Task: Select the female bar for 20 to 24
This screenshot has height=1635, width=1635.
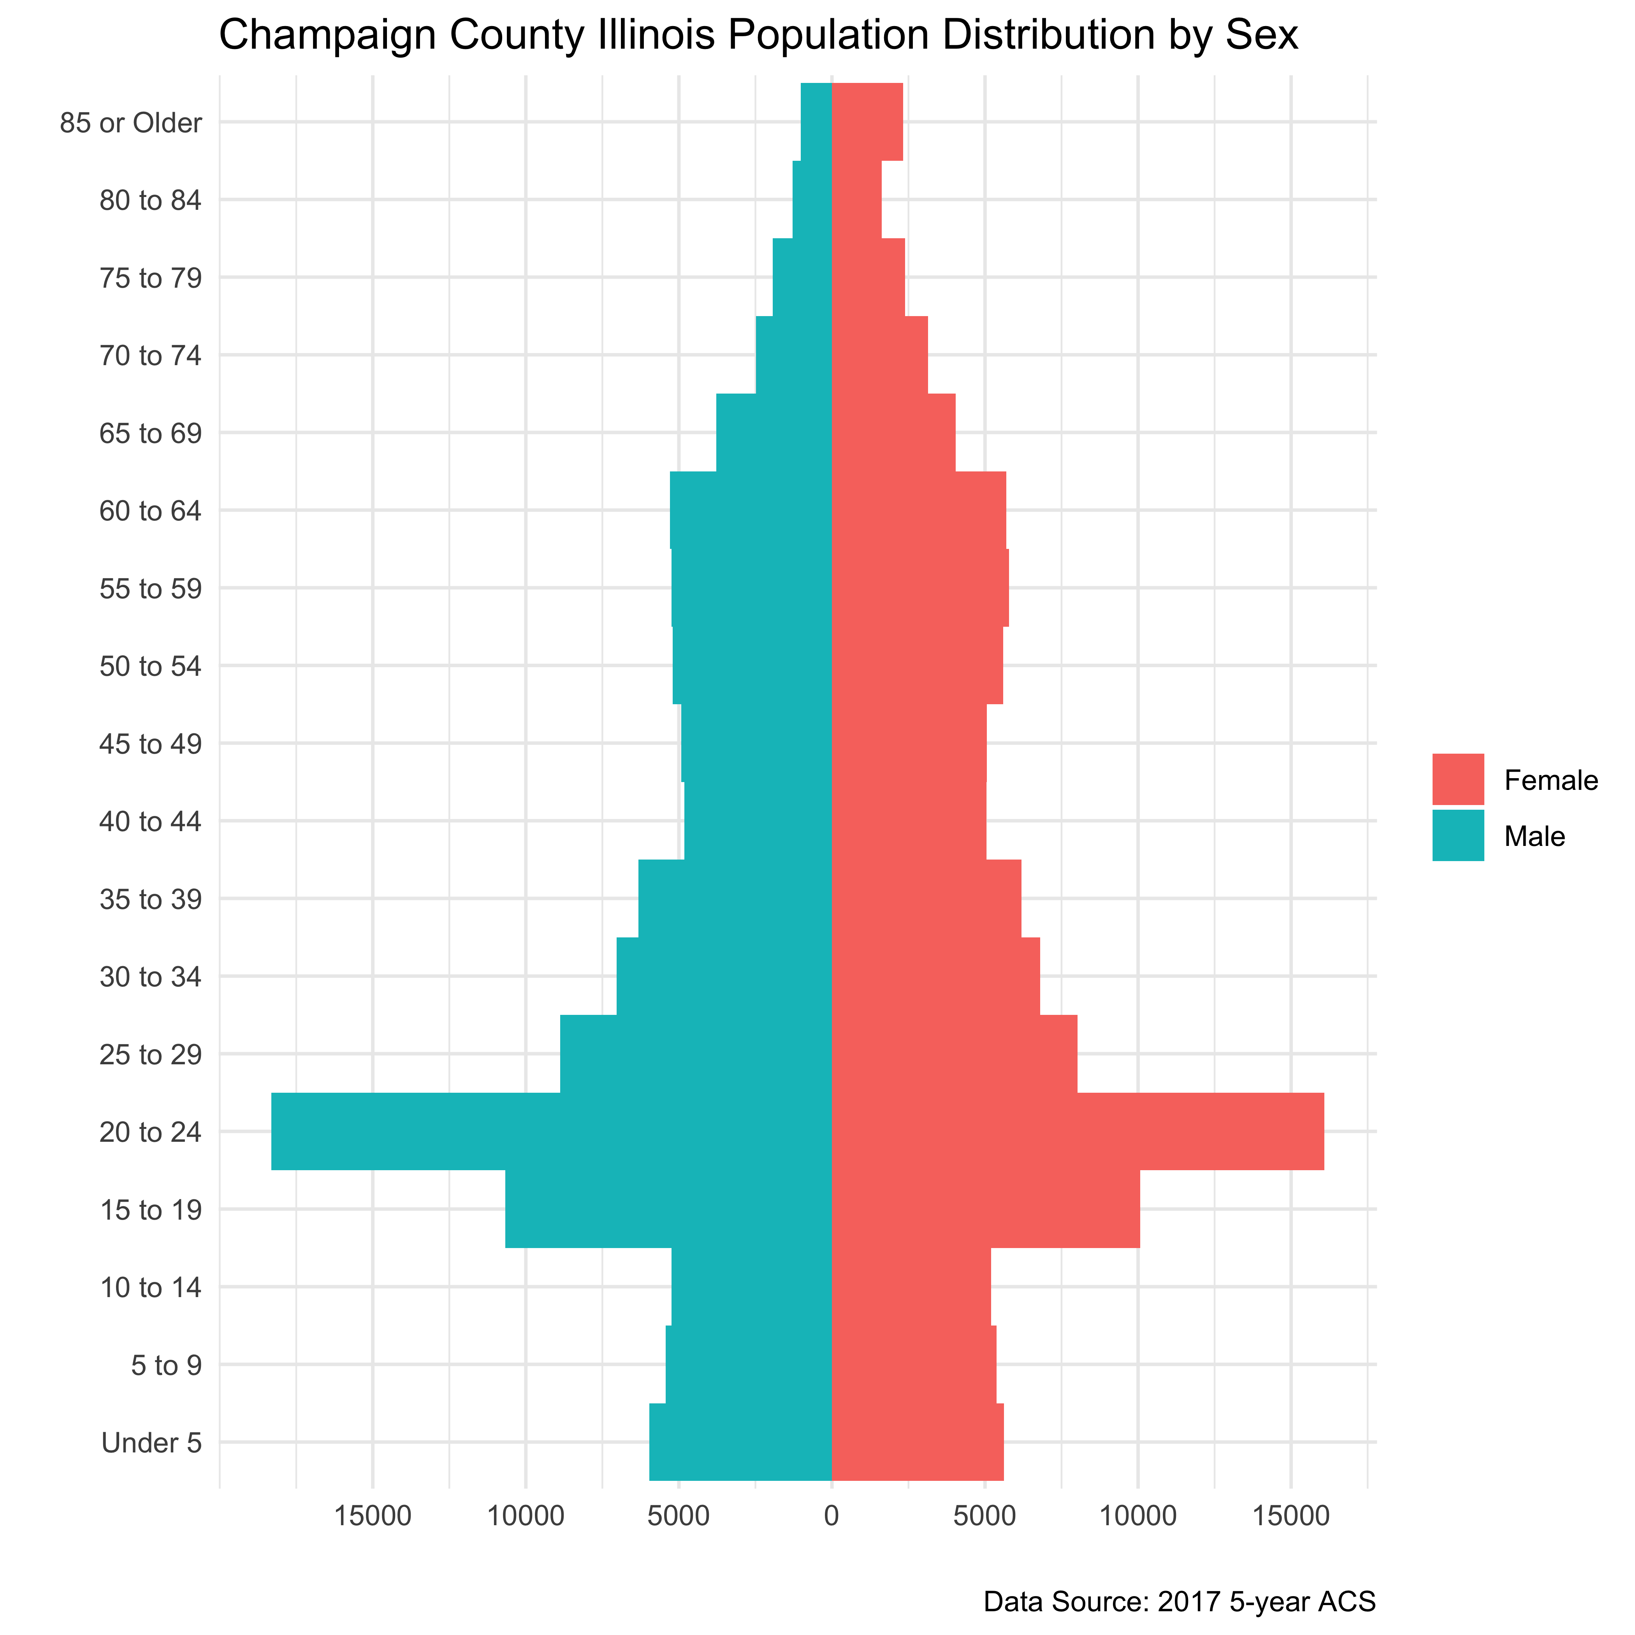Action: pos(1077,1132)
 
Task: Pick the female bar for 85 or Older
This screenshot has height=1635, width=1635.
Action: pos(867,122)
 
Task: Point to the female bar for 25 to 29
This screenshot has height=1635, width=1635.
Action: pos(955,1054)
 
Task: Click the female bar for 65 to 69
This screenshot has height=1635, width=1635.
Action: pos(894,432)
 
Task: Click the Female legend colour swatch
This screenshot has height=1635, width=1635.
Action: pos(1457,779)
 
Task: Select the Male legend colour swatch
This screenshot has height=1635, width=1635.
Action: pos(1457,835)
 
